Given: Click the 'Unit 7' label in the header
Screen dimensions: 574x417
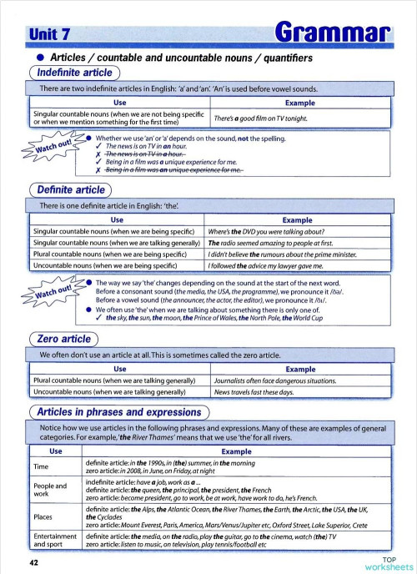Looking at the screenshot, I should [48, 33].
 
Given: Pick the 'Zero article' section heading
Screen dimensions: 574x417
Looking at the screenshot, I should [63, 339].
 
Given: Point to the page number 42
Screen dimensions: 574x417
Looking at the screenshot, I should [33, 563].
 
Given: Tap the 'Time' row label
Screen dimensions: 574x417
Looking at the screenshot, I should [40, 466].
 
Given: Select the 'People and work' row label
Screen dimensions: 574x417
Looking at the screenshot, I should [49, 490].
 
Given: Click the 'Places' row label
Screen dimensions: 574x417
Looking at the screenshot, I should [43, 517].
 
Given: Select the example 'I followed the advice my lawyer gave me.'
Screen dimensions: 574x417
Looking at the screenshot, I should [272, 265].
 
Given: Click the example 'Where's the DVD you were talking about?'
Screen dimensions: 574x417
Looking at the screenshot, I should [269, 231].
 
